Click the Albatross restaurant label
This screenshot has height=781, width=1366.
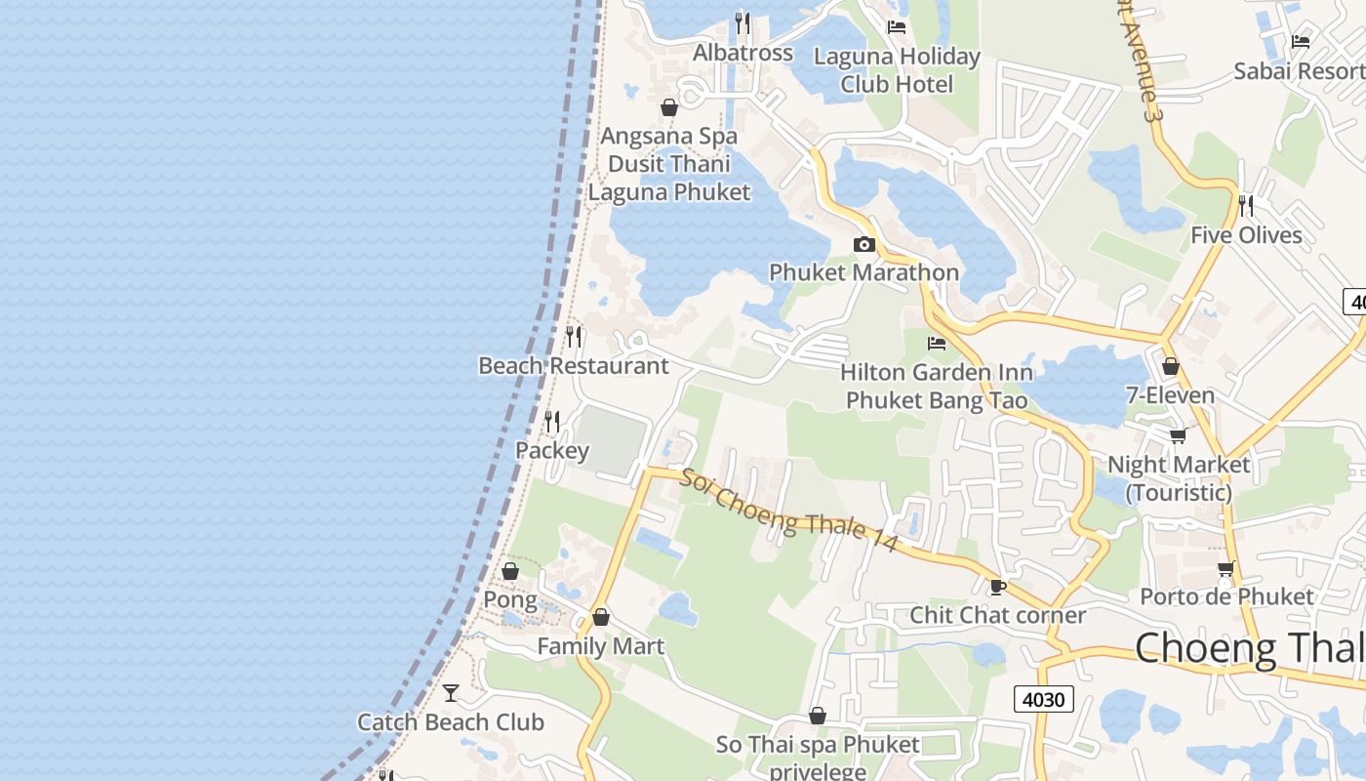click(743, 53)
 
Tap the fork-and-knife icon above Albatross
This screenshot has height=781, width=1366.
click(743, 22)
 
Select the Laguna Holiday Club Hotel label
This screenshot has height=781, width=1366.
click(897, 70)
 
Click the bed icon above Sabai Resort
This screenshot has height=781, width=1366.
click(1301, 41)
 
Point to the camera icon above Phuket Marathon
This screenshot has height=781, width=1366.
click(864, 244)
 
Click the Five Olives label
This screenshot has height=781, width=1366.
click(1246, 235)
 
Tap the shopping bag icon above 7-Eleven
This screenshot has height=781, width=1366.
click(1170, 367)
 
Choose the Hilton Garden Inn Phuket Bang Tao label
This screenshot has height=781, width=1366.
click(937, 386)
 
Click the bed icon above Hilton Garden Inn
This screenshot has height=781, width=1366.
click(937, 343)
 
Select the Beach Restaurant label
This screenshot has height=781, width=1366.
click(574, 366)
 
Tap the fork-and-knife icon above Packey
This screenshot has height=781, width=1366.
click(552, 421)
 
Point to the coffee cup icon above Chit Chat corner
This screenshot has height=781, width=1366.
click(997, 586)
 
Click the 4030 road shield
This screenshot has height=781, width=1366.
click(1044, 699)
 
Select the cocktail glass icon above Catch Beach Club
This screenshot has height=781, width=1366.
click(451, 692)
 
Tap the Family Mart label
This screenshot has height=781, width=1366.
click(600, 646)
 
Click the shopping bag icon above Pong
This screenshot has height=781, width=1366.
click(510, 571)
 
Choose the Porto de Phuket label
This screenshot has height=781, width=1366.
click(1226, 596)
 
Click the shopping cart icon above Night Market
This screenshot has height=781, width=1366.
click(1178, 435)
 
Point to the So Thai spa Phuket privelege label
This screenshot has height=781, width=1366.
click(818, 758)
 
